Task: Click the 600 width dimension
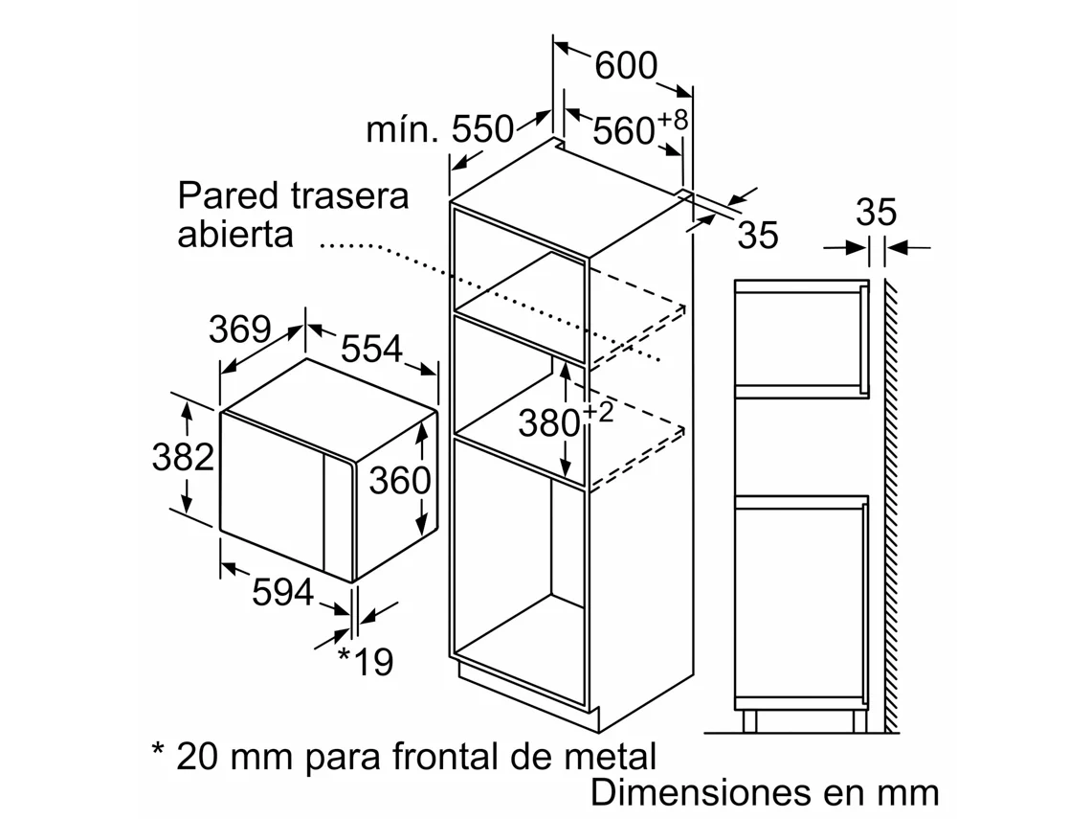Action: click(626, 66)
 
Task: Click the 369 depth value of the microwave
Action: click(239, 330)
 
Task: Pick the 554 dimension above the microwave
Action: click(371, 350)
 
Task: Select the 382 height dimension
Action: click(183, 458)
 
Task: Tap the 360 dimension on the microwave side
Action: click(400, 480)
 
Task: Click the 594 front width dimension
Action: click(282, 594)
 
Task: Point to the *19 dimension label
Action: click(366, 661)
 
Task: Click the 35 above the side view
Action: click(876, 213)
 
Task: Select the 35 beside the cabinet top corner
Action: click(758, 236)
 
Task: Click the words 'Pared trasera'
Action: click(293, 195)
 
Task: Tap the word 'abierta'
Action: click(234, 235)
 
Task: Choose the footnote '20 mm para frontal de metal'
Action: click(404, 757)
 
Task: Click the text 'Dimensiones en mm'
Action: click(765, 793)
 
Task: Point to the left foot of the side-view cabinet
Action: click(749, 721)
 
